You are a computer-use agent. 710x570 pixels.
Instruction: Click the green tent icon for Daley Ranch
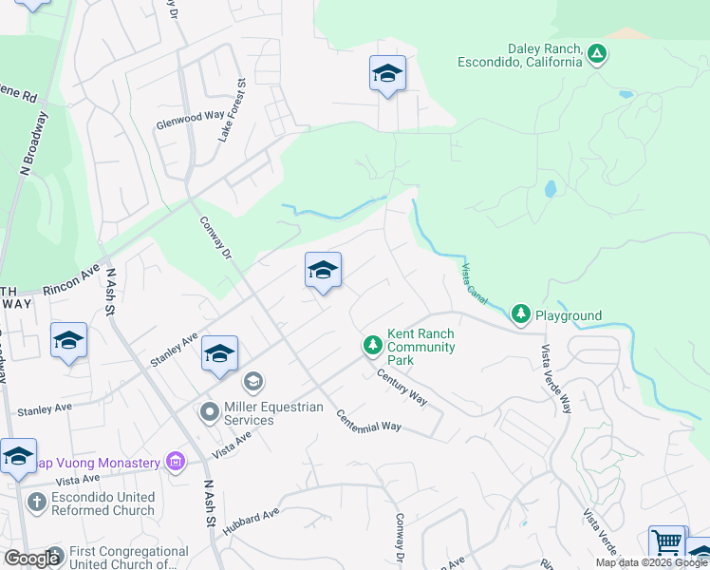point(596,53)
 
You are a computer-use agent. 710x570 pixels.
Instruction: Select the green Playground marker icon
point(520,313)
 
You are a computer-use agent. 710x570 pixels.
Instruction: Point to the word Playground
point(569,315)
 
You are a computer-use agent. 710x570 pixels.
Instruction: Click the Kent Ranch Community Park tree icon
point(373,344)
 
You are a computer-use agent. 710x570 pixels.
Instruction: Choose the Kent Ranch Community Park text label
point(420,346)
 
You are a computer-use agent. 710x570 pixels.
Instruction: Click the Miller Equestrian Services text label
point(272,413)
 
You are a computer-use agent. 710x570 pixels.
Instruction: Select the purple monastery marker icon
point(175,463)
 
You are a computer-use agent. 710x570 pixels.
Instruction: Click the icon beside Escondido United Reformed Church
point(37,501)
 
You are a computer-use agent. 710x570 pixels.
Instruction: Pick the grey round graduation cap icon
point(252,382)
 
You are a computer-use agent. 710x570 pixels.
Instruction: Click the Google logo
point(31,558)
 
